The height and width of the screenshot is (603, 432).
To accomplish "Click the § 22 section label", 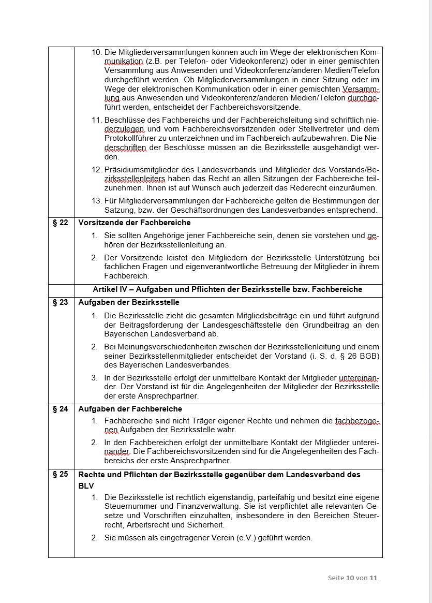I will pos(61,223).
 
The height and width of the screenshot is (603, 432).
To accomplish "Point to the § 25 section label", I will pos(61,474).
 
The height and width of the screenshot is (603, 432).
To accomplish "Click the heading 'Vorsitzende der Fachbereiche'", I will pos(135,223).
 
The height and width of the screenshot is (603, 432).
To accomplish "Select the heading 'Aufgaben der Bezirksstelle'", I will pos(129,303).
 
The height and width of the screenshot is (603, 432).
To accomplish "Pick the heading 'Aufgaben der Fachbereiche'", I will pos(130,409).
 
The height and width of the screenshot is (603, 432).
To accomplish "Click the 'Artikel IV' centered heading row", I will pos(228,289).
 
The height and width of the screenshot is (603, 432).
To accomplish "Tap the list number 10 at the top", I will pos(97,53).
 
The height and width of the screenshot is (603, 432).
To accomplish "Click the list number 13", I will pos(97,201).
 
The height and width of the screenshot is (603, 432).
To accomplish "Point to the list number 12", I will pos(97,170).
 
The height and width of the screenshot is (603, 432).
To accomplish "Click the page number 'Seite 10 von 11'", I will pos(352,578).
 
